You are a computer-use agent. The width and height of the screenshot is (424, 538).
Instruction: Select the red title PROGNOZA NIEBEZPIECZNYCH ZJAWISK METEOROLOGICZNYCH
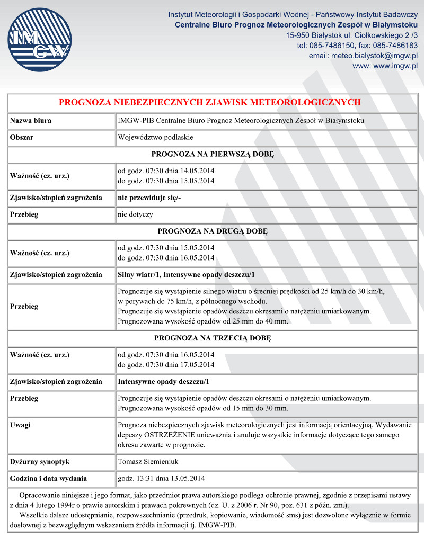(x=209, y=102)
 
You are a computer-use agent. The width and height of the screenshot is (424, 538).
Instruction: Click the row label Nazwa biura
(x=31, y=121)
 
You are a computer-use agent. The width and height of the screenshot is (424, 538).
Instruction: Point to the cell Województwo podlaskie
(x=155, y=138)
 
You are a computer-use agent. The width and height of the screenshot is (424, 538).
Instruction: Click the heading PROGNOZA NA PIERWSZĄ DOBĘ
(x=212, y=155)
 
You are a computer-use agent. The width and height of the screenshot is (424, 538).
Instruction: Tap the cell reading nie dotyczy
(x=135, y=215)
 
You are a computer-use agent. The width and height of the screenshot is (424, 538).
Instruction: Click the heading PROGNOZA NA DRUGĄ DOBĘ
(x=212, y=231)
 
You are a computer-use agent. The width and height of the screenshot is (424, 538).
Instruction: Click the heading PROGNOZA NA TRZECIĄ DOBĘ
(x=212, y=338)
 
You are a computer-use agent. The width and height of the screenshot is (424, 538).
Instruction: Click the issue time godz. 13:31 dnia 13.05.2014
(x=161, y=479)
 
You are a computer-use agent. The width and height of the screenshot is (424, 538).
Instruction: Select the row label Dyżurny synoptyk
(x=40, y=462)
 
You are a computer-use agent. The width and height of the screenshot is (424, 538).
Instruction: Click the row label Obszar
(x=22, y=138)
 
